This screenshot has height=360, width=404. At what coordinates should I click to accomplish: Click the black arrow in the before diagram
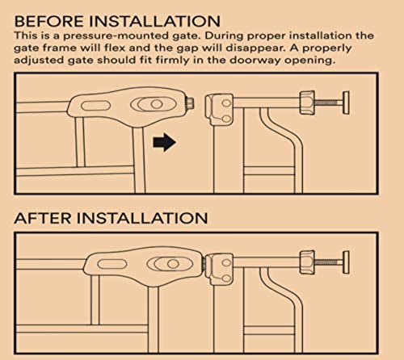coord(164,142)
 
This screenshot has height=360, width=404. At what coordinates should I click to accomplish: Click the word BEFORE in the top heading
coord(49,21)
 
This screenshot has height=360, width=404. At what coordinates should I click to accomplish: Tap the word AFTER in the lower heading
coord(43,218)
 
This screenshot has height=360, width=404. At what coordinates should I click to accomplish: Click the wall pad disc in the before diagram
coord(346,103)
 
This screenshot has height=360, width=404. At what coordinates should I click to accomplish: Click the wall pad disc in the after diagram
coord(346,262)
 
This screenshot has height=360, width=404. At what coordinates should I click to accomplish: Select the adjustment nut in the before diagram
coord(307,103)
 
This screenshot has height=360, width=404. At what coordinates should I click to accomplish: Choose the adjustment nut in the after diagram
coord(307,262)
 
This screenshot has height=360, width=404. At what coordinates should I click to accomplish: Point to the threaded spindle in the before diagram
coord(328,103)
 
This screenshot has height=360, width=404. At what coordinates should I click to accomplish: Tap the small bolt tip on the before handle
coord(189,103)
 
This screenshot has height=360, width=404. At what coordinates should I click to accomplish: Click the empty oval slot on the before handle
coord(95,105)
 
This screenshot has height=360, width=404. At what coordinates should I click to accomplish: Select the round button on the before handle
coord(157,104)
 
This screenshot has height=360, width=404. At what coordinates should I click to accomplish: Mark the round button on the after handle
coord(173,264)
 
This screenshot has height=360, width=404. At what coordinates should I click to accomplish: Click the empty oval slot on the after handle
coord(112,264)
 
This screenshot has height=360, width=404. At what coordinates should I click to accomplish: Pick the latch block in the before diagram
coord(219,109)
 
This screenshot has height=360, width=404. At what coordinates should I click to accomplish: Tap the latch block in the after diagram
coord(219,269)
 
